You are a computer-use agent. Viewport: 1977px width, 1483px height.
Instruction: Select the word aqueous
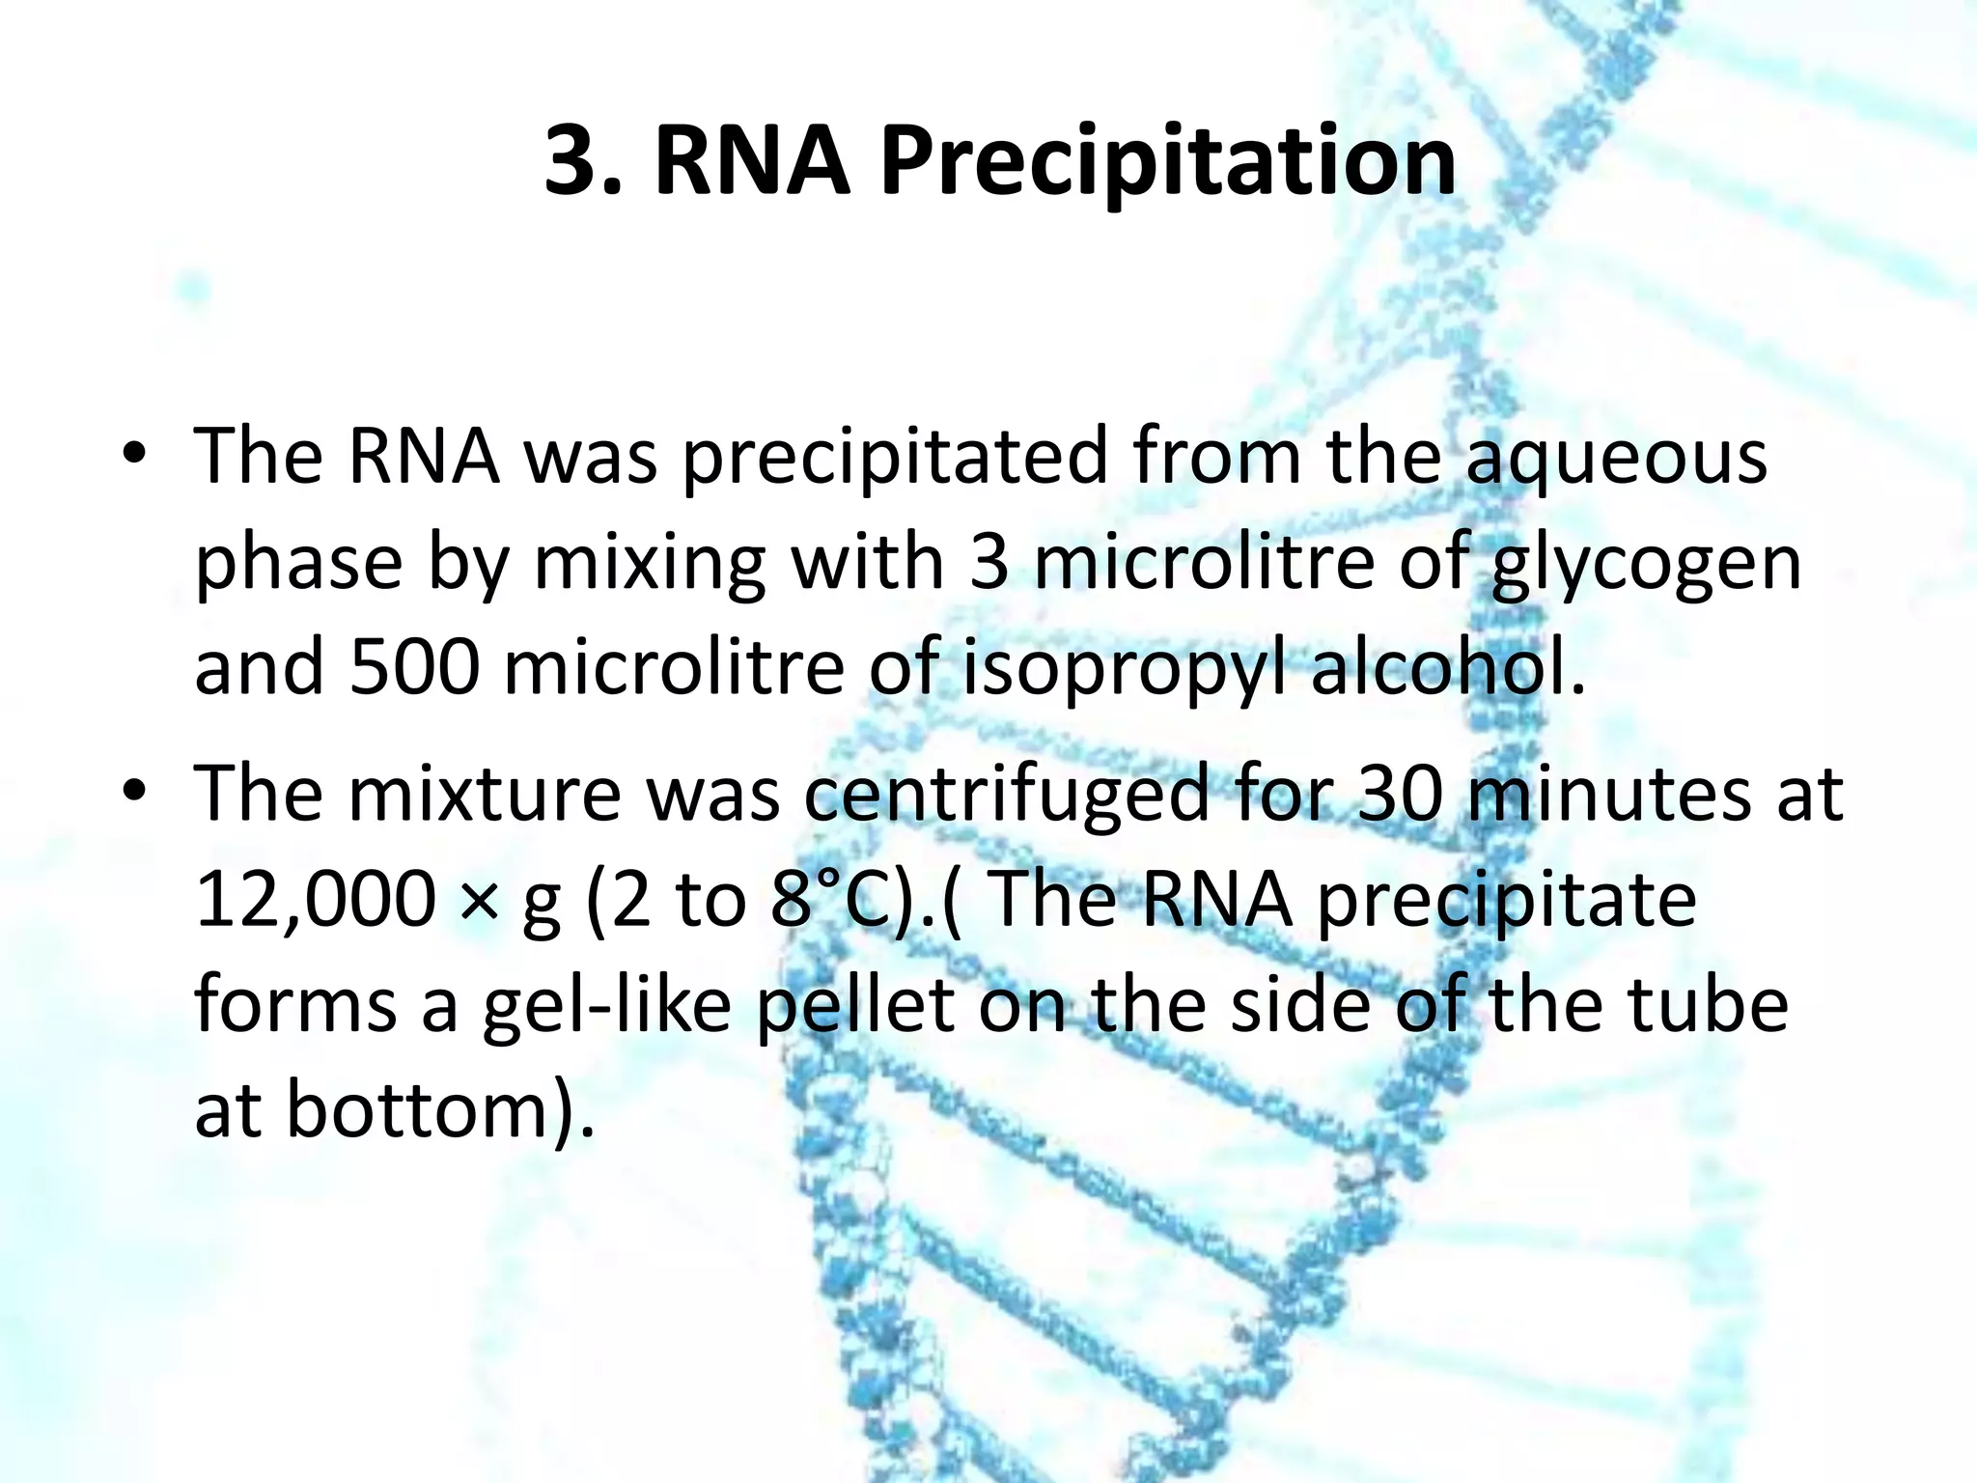click(1616, 458)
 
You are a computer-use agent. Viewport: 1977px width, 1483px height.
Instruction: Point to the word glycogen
click(1647, 566)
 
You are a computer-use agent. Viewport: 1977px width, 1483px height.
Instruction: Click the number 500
click(414, 668)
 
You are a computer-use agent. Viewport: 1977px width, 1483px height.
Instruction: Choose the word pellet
click(855, 1006)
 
